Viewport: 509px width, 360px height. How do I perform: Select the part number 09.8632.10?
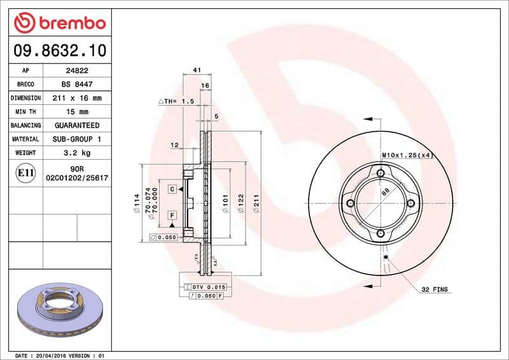[57, 50]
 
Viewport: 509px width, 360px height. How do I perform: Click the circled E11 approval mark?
[25, 172]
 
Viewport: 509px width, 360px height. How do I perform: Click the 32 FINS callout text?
[435, 289]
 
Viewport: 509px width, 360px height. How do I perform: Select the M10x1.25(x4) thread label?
[407, 155]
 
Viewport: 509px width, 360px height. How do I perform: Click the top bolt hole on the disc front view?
[380, 173]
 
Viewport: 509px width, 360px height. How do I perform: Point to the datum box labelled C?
[172, 190]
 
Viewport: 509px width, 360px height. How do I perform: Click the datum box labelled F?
[172, 216]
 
